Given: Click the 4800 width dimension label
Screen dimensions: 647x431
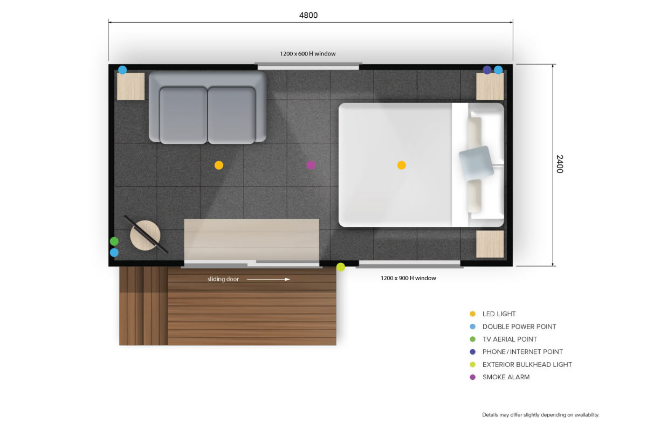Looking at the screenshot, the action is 308,15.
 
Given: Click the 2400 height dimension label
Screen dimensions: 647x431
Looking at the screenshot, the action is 560,164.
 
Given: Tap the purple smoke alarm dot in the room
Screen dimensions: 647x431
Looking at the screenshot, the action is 311,165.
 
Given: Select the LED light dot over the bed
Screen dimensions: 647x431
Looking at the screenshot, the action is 402,165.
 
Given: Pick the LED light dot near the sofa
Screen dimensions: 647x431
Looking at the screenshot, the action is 219,165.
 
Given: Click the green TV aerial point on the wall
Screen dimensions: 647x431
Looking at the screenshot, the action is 114,241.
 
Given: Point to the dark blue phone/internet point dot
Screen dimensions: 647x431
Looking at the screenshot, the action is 487,70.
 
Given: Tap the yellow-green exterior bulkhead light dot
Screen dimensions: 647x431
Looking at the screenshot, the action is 341,267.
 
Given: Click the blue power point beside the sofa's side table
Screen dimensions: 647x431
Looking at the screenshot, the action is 122,70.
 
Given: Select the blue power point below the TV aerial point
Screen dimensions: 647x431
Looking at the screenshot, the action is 114,253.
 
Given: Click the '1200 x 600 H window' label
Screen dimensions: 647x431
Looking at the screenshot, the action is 308,54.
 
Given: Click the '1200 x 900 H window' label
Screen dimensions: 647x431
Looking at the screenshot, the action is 408,278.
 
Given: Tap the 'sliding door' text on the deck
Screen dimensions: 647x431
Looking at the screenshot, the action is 223,279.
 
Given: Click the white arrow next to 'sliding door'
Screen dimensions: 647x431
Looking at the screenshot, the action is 269,279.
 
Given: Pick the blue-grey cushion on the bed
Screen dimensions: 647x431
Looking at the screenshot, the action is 476,163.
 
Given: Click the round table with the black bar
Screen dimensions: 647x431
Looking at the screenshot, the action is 145,235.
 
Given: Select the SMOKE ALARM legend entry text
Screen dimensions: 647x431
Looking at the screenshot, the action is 506,377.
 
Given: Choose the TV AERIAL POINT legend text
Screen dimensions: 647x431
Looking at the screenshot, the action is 510,339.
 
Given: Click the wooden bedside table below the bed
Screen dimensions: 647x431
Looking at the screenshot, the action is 490,244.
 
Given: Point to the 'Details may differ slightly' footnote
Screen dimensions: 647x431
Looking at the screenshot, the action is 541,415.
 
